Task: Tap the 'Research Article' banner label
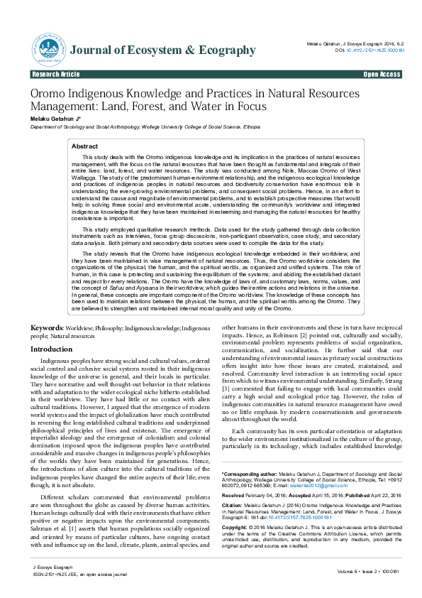pos(56,74)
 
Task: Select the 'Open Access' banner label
pos(382,74)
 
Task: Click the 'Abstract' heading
pos(85,146)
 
